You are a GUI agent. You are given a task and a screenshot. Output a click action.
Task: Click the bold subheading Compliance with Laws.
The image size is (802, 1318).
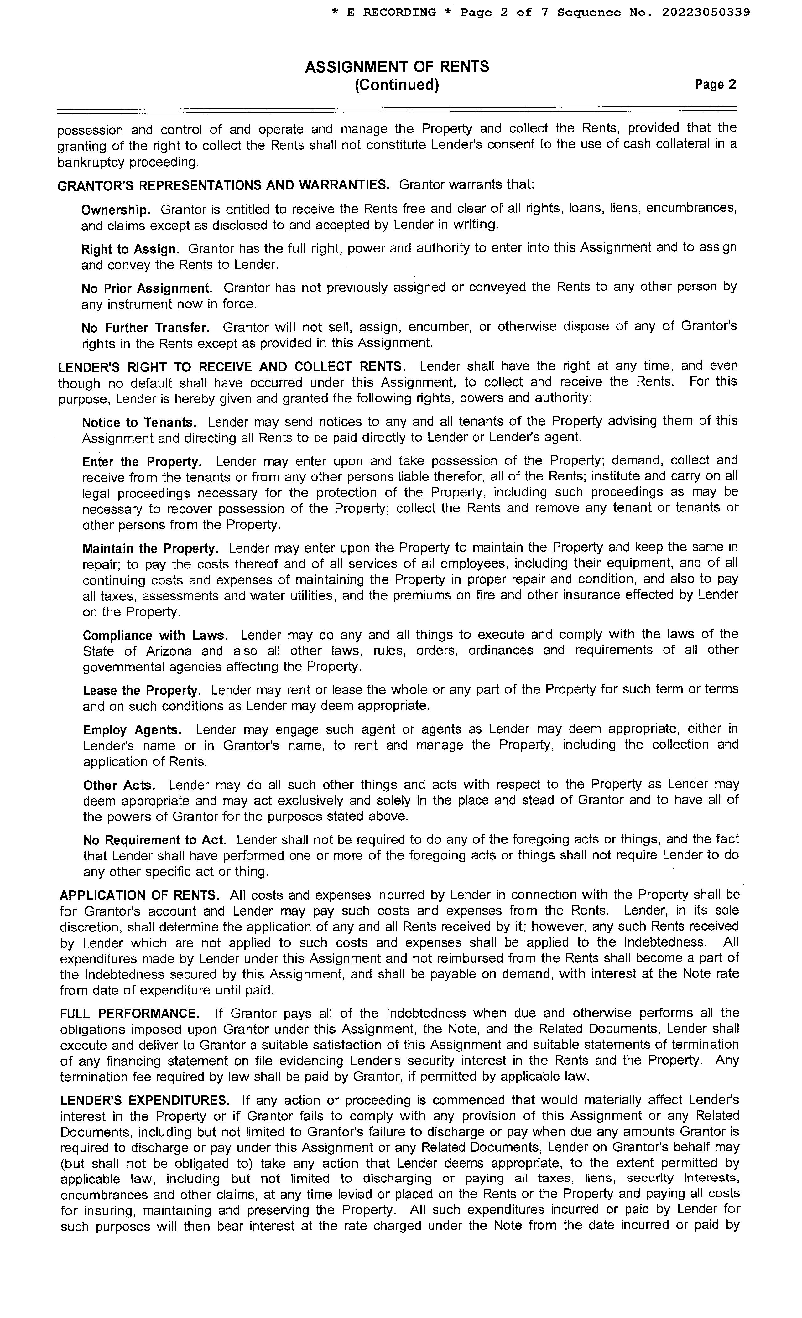point(155,636)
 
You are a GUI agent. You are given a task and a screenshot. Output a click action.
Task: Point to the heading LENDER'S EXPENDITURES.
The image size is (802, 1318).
point(144,1100)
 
